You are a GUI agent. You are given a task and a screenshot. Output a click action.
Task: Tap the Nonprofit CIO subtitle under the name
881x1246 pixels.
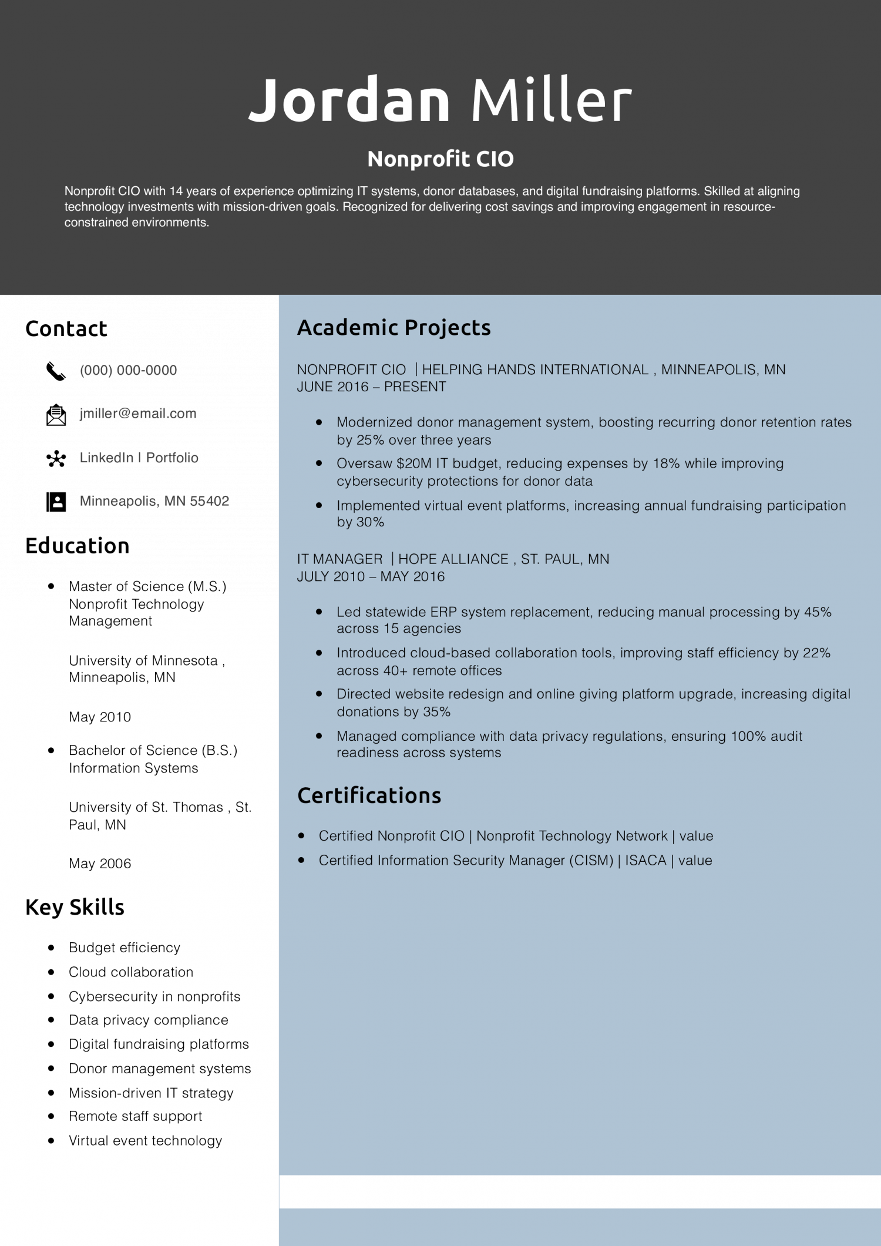point(441,159)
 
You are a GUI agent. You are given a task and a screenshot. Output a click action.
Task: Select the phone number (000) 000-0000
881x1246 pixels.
point(128,370)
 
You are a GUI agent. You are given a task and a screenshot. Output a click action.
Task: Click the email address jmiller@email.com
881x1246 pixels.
point(138,414)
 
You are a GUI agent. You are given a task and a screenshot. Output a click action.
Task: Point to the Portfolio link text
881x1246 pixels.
point(172,458)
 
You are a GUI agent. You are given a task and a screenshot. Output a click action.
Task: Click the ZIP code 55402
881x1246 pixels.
point(209,501)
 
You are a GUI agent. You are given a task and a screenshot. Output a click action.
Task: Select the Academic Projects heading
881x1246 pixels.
point(394,328)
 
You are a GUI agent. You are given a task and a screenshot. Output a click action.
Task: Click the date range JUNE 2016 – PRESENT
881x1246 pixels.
point(371,387)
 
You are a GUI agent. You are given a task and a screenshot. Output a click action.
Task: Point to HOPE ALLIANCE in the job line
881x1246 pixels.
point(453,559)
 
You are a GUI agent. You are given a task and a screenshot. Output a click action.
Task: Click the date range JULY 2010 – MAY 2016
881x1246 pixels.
point(371,576)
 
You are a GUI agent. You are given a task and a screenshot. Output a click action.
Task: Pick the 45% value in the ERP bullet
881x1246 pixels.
point(818,612)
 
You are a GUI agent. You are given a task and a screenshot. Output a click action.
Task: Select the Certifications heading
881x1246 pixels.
point(369,795)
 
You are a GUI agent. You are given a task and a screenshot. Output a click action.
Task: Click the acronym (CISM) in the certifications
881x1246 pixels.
point(590,861)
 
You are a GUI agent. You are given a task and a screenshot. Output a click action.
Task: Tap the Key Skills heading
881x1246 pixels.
point(75,907)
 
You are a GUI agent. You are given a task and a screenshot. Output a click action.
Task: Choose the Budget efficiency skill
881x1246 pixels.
point(125,948)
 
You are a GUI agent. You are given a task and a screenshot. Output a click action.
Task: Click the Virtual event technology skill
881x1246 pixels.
point(145,1141)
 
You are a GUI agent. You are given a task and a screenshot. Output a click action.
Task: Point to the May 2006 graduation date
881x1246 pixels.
point(100,864)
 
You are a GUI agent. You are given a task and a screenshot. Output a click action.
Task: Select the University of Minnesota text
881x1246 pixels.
point(143,660)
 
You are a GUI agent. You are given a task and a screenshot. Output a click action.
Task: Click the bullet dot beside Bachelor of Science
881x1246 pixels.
point(52,751)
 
